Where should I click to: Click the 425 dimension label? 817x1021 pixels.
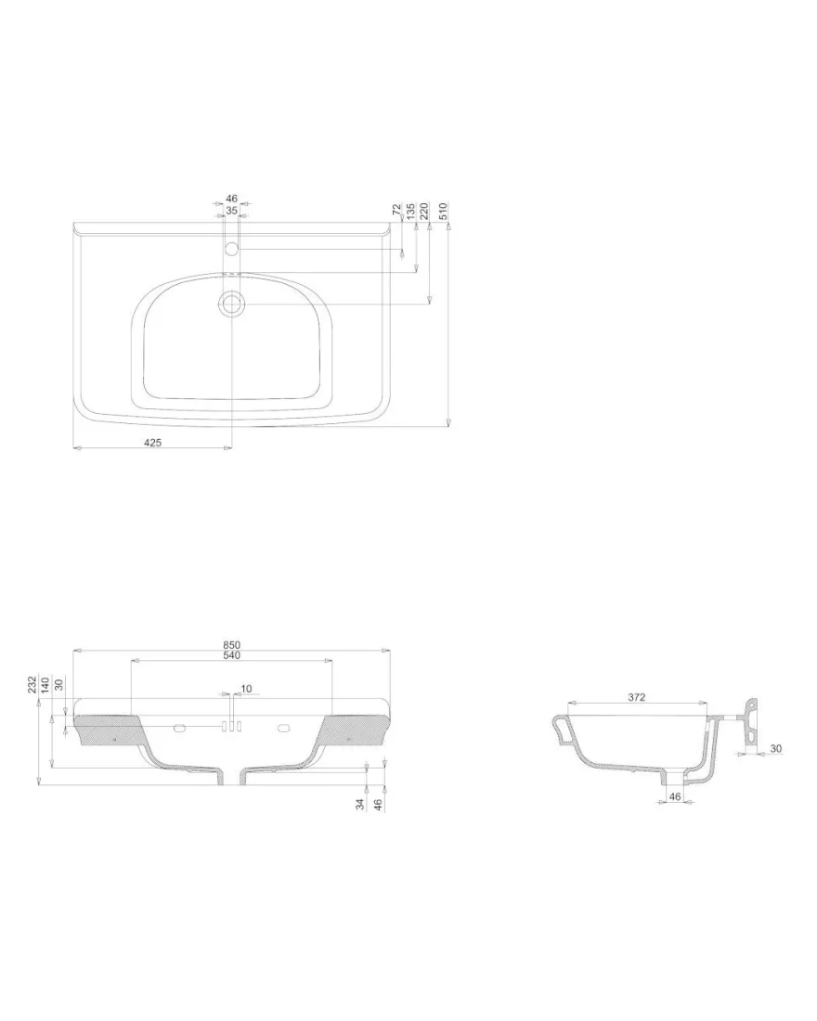152,442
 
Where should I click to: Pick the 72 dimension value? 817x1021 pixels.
396,210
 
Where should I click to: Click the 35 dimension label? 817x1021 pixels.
232,211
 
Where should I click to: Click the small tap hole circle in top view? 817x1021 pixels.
231,249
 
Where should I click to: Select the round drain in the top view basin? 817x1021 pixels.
231,304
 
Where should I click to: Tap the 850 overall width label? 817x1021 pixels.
232,645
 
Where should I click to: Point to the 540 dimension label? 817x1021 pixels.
232,655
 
